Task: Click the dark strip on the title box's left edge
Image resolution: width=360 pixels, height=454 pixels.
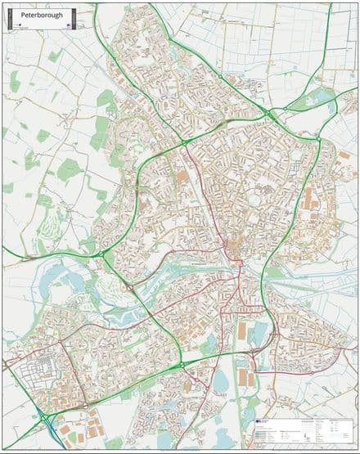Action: tap(9, 16)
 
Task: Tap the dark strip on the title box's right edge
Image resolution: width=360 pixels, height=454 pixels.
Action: tap(74, 16)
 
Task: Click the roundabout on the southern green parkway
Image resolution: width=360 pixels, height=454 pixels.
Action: tap(182, 363)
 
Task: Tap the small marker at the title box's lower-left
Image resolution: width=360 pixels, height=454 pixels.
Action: tap(15, 27)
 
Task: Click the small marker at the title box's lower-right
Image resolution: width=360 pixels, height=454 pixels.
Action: tap(69, 27)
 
